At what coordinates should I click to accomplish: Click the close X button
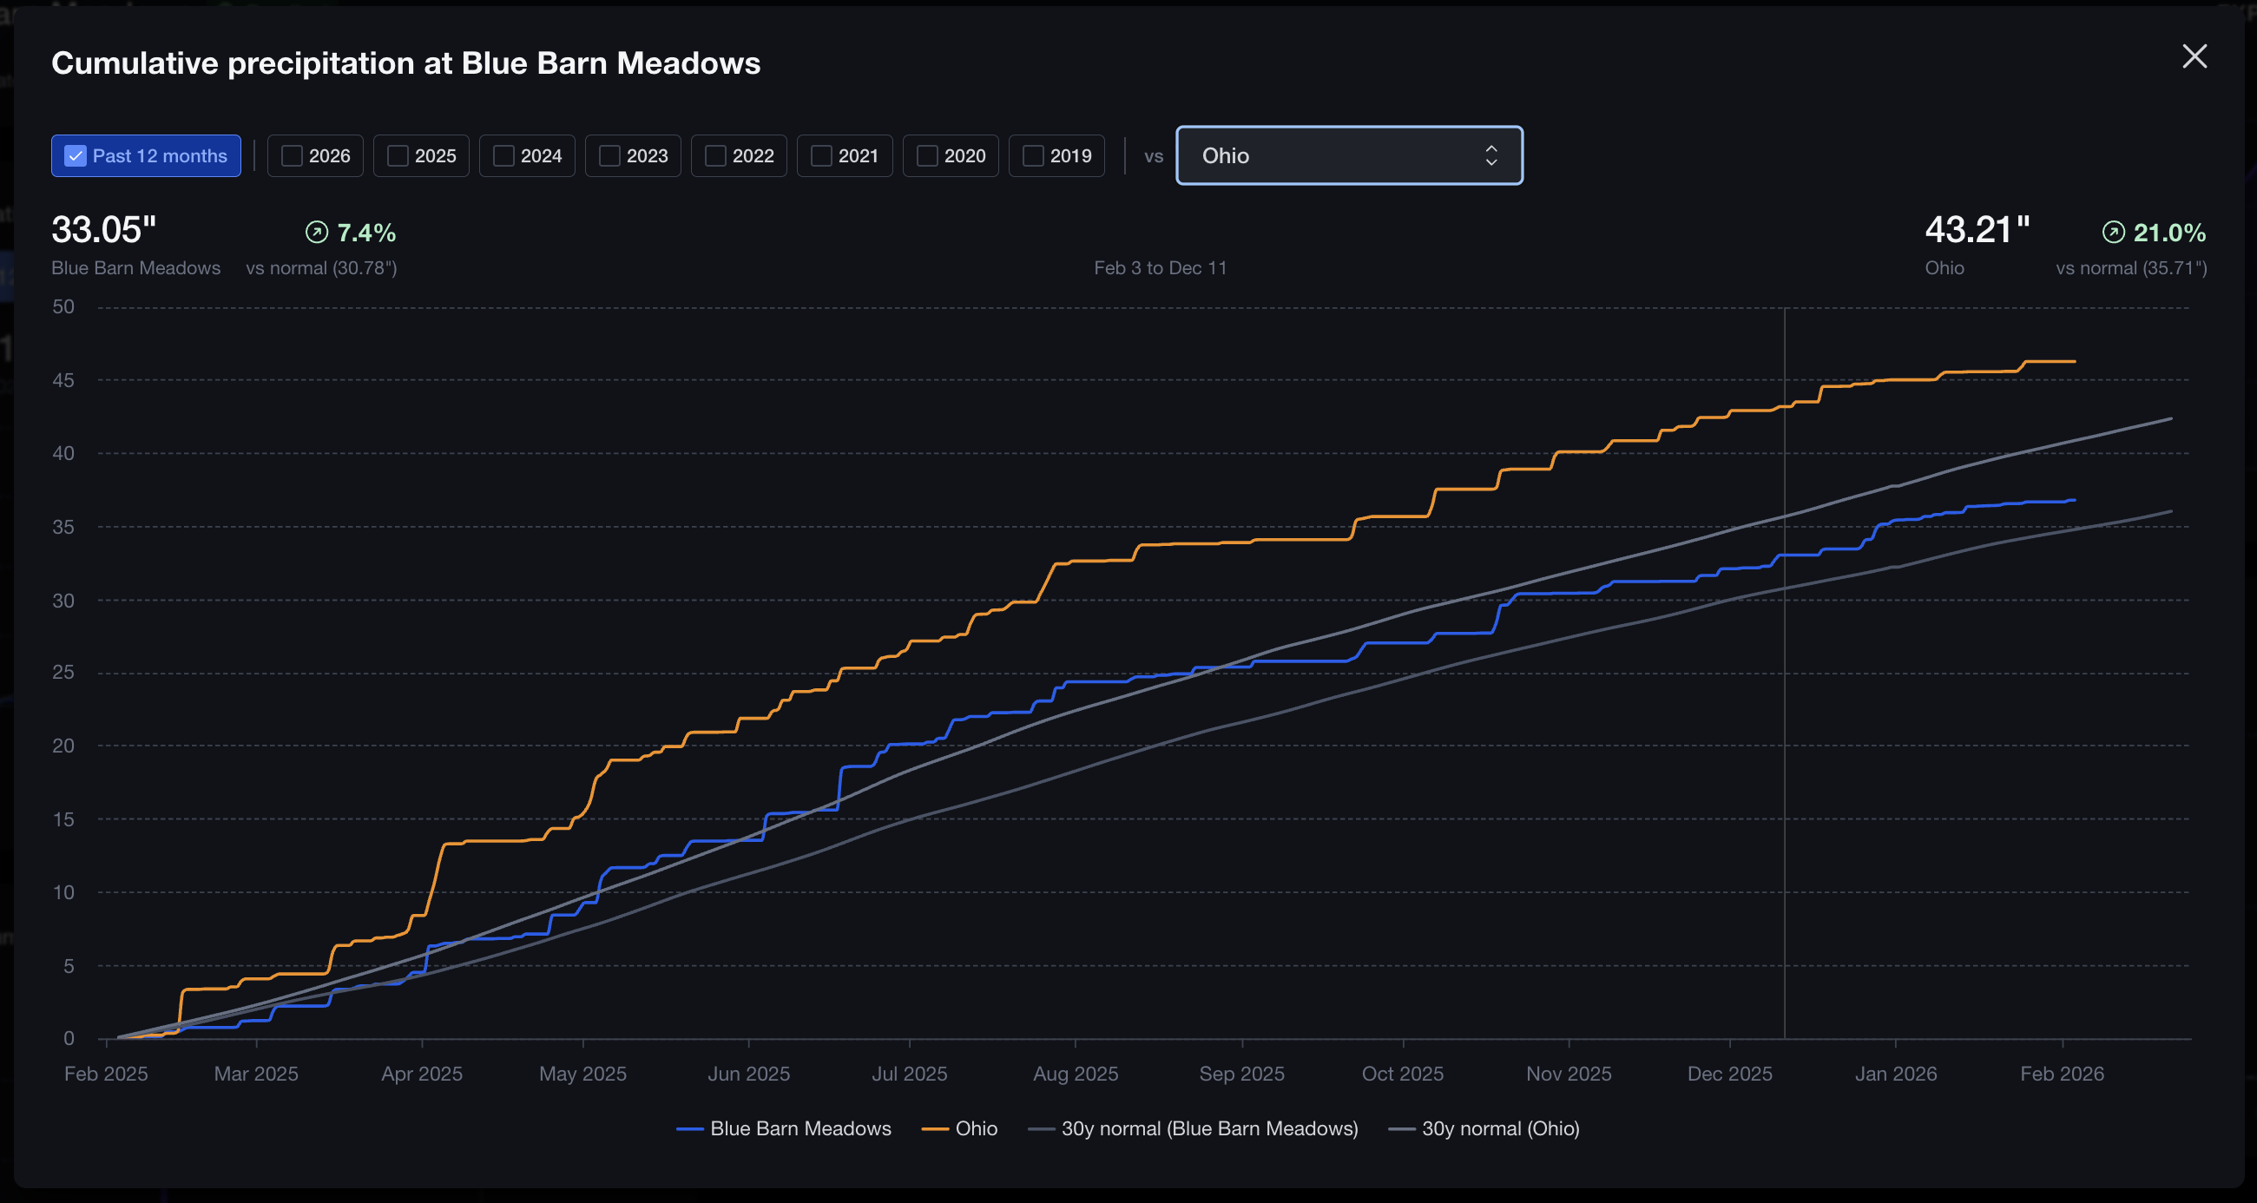click(2194, 56)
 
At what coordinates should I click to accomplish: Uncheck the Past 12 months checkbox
click(76, 156)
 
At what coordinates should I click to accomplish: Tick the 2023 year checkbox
click(609, 156)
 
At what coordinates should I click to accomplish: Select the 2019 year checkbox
click(1034, 156)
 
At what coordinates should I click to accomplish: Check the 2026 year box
click(292, 156)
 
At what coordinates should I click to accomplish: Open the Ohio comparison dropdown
click(1348, 156)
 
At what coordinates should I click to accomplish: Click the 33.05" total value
click(103, 230)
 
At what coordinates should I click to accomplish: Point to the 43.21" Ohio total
click(1977, 230)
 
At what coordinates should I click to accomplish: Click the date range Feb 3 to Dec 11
click(1160, 268)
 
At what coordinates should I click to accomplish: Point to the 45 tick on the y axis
click(63, 380)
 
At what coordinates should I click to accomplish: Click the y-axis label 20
click(63, 746)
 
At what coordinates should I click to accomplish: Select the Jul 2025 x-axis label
click(910, 1074)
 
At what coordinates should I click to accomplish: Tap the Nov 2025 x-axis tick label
click(1569, 1074)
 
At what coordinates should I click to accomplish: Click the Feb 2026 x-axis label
click(2062, 1074)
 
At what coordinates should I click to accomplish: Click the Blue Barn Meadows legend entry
click(800, 1128)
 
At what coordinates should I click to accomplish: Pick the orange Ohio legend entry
click(975, 1128)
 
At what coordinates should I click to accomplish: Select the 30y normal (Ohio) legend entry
click(1499, 1128)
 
